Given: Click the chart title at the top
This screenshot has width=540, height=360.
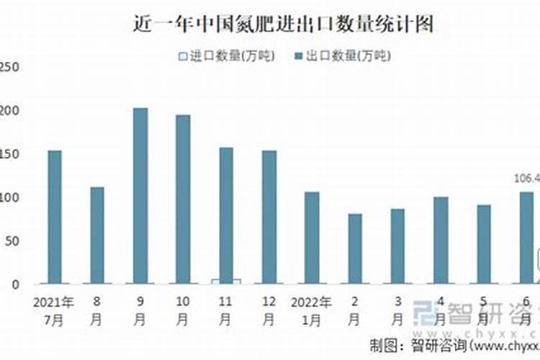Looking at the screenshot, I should click(284, 24).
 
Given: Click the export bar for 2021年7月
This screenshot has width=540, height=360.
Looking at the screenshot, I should click(55, 217).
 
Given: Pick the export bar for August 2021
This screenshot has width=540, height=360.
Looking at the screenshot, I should click(97, 235).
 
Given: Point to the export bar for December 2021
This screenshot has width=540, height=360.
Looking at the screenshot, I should click(269, 217).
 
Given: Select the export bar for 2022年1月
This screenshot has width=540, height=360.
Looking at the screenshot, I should click(312, 238).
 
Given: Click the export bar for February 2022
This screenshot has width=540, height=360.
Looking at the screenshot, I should click(354, 248).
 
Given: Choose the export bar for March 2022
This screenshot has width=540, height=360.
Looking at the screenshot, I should click(397, 246).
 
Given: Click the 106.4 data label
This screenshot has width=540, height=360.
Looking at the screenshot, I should click(526, 179).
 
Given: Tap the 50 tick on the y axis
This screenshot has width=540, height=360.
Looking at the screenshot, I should click(10, 241).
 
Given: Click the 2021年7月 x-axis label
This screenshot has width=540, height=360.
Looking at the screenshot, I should click(53, 309).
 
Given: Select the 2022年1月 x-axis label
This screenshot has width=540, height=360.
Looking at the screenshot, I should click(311, 309).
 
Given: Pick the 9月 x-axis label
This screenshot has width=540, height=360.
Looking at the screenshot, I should click(140, 309).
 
